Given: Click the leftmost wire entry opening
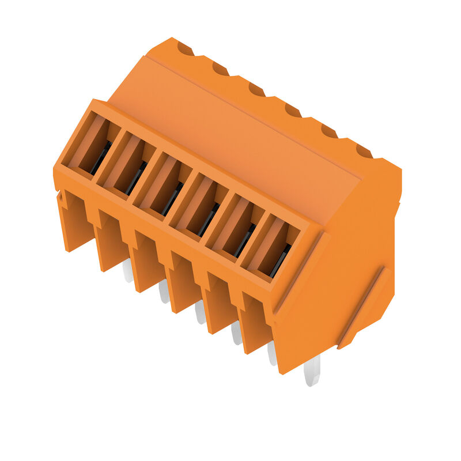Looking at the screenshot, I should click(91, 144).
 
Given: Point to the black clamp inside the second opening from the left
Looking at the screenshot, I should click(136, 177).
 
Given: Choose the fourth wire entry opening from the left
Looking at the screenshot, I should click(199, 206).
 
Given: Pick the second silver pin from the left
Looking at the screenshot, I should click(164, 292).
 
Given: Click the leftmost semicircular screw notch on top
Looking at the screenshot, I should click(186, 49).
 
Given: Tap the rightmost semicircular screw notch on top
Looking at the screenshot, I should click(364, 151).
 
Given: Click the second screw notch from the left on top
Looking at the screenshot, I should click(221, 69).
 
